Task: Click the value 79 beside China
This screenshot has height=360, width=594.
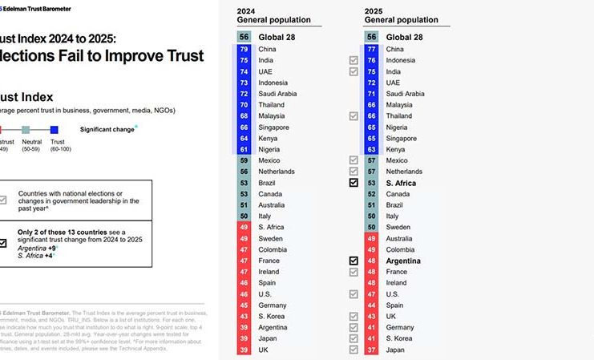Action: [x=244, y=49]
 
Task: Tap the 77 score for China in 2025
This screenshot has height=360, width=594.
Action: [x=371, y=49]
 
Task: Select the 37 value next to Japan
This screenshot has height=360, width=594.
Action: [x=371, y=350]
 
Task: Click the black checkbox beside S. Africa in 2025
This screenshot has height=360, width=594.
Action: [x=354, y=183]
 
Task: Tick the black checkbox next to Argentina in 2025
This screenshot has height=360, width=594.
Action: [x=354, y=261]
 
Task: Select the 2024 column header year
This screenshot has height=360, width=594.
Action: [x=247, y=10]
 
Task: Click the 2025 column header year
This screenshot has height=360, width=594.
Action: [x=374, y=10]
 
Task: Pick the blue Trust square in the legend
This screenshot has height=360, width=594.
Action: [x=54, y=129]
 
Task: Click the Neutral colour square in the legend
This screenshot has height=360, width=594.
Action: [x=26, y=129]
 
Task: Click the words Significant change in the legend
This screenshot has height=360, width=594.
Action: [x=107, y=129]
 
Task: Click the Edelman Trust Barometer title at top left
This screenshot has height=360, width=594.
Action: [x=40, y=9]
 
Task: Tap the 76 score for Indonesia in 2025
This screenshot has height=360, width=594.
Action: [x=371, y=60]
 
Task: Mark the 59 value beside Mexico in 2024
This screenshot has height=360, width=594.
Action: [x=244, y=160]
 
